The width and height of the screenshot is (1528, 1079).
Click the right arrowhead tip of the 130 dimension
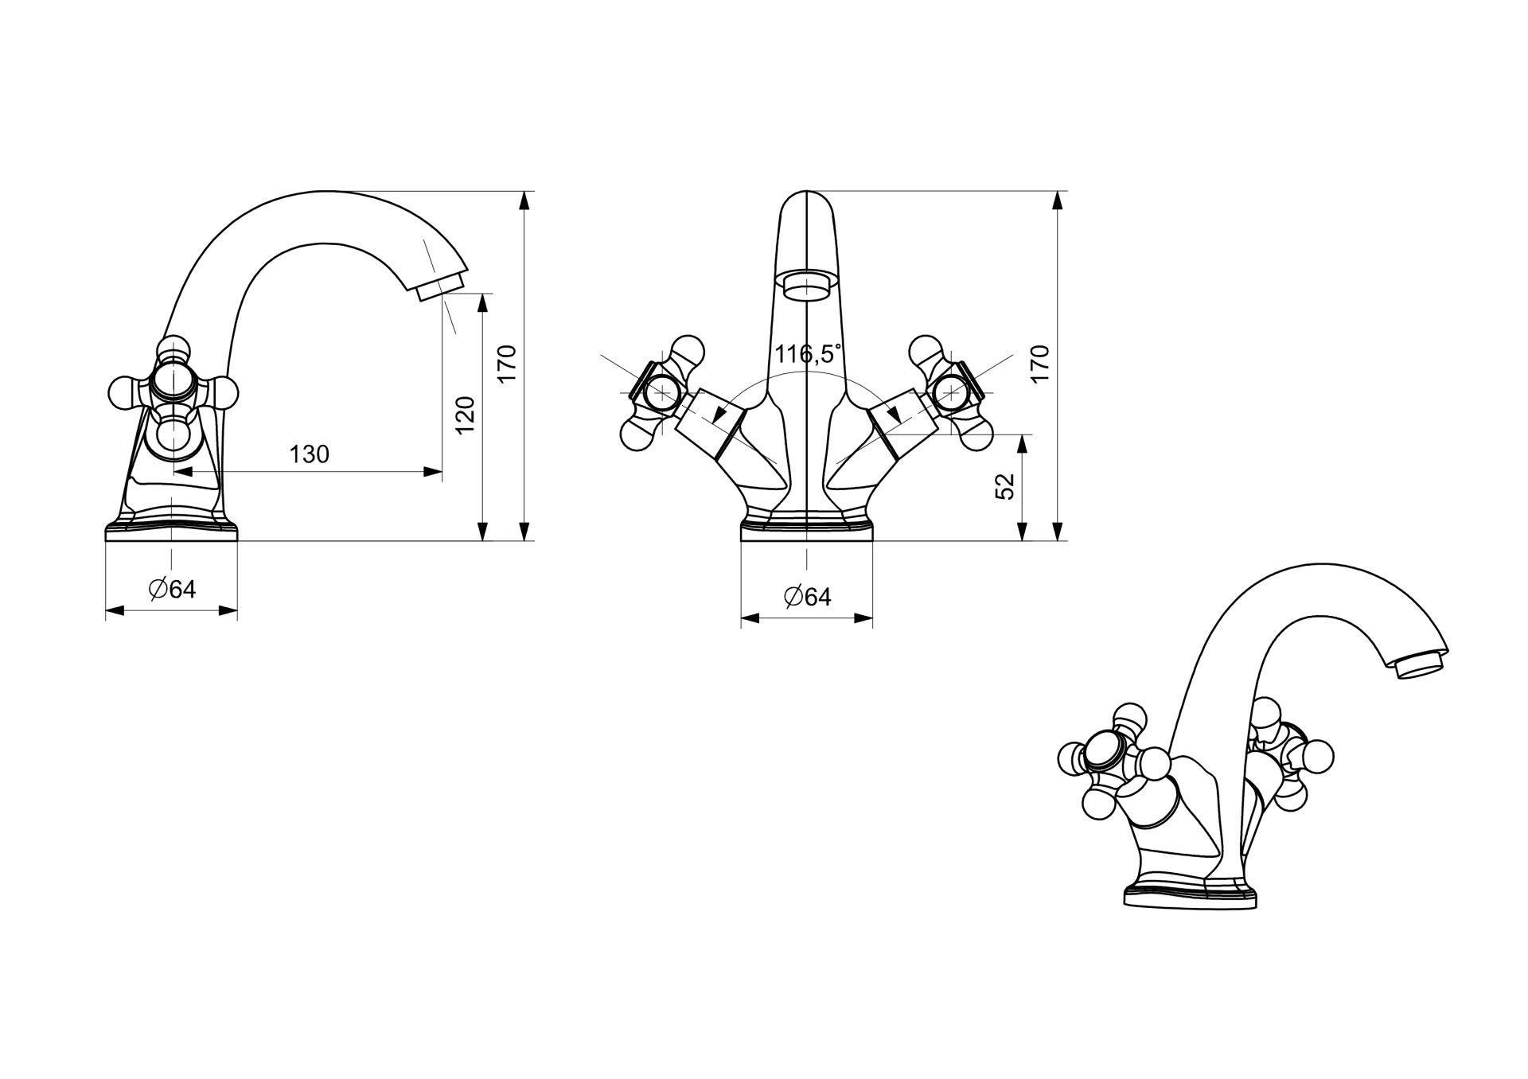tap(442, 472)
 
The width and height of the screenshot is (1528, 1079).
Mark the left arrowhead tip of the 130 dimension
tap(173, 472)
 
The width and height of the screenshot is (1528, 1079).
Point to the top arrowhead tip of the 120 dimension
tap(482, 294)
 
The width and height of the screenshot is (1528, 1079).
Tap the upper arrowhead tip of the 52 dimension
tap(1024, 434)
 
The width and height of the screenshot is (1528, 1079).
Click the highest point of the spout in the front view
tap(807, 191)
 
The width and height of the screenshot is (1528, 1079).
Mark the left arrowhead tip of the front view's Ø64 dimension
tap(741, 617)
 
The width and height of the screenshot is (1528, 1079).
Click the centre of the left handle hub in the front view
tap(661, 391)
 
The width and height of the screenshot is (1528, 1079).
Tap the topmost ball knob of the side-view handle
tap(173, 350)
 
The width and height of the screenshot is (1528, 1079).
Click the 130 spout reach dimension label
tap(309, 454)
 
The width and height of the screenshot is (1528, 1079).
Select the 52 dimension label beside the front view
tap(1006, 485)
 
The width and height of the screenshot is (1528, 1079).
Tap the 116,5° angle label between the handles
tap(808, 353)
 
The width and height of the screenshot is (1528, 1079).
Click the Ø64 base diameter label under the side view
tap(172, 589)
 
